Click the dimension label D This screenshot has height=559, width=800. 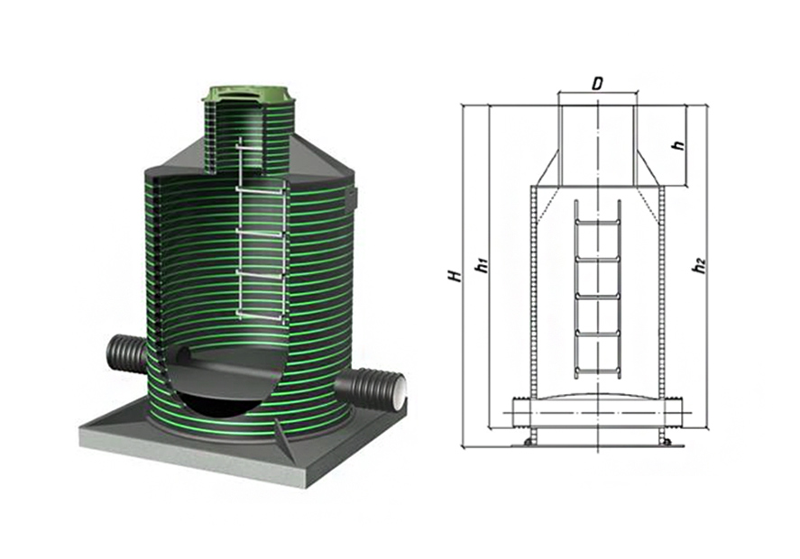(x=596, y=84)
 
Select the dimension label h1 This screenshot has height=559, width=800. (x=481, y=265)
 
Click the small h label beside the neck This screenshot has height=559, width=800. (x=678, y=144)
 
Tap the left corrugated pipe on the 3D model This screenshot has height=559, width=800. (x=126, y=354)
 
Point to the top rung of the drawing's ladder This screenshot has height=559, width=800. (x=598, y=223)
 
